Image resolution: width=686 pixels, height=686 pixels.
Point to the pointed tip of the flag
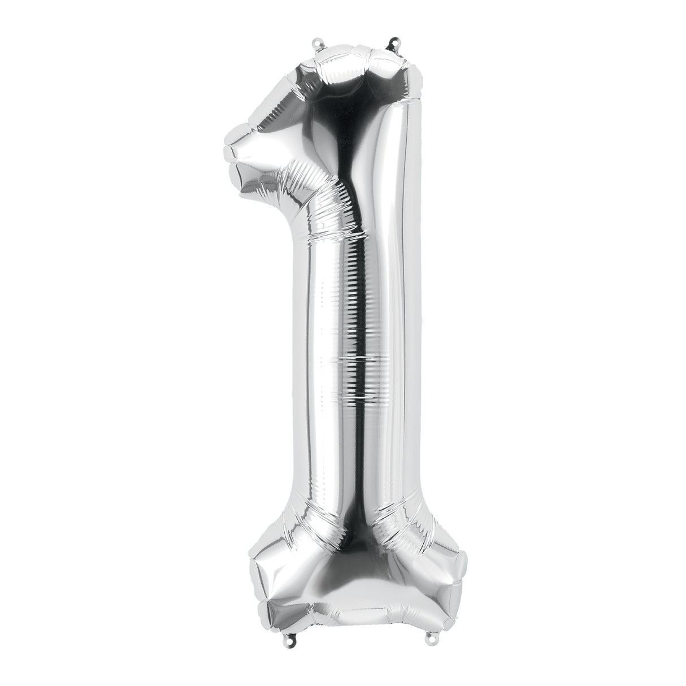(x=228, y=151)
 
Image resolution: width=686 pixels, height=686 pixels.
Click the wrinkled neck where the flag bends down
(x=316, y=203)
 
